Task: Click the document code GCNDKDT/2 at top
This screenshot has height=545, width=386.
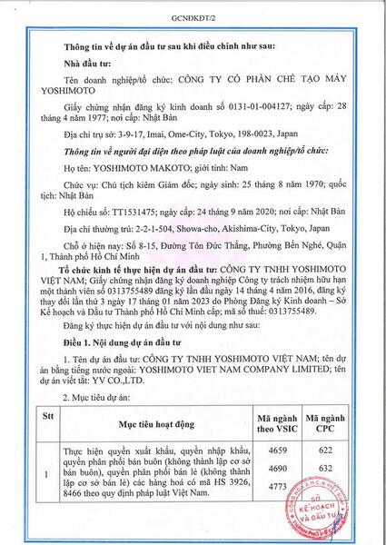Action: tap(193, 17)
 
